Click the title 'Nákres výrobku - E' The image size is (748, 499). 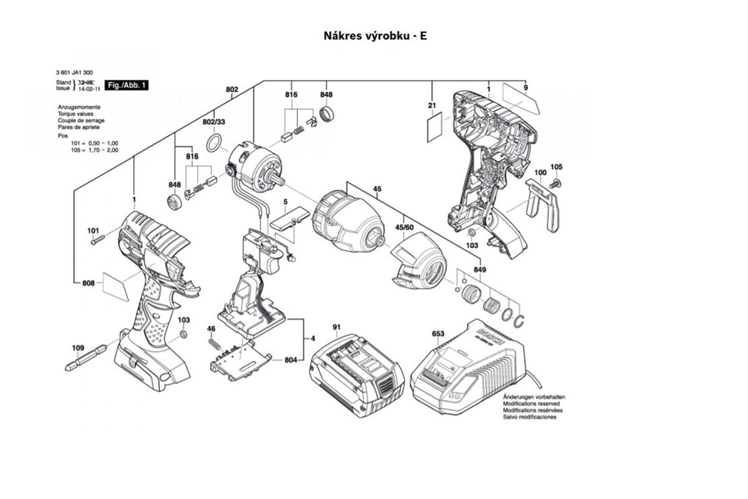375,36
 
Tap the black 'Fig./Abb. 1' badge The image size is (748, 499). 128,85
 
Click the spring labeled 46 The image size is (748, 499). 214,344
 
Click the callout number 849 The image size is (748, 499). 479,269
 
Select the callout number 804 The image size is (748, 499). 290,361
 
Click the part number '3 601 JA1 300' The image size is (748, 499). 75,72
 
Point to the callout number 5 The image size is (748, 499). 285,201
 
